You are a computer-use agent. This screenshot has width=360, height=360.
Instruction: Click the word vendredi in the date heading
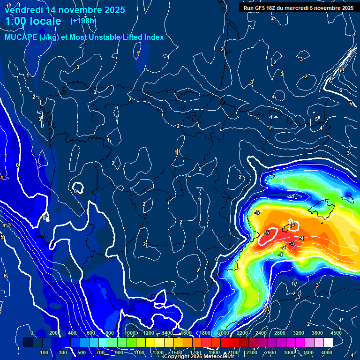[x=23, y=10]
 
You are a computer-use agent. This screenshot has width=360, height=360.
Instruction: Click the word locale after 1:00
[x=44, y=21]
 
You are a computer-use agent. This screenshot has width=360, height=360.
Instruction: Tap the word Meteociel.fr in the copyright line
[x=218, y=356]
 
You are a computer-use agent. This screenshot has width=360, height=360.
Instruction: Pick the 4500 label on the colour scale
[x=336, y=333]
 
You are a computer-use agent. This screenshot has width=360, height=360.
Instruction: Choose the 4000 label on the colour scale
[x=327, y=352]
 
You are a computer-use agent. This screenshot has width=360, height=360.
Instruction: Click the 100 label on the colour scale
[x=45, y=352]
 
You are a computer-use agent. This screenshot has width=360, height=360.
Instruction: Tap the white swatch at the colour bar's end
[x=341, y=343]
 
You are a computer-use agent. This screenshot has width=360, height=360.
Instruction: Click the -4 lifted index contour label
[x=301, y=238]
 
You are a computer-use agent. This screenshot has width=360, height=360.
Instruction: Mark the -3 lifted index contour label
[x=292, y=243]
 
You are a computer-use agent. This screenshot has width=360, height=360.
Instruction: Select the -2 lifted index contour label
[x=283, y=247]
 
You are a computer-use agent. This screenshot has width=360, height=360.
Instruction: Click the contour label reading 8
[x=342, y=69]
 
